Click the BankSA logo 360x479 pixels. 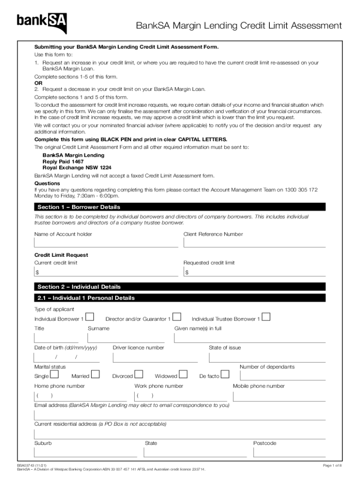(x=42, y=22)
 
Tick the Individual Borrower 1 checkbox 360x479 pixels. (x=91, y=317)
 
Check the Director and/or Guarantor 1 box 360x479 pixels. (x=177, y=317)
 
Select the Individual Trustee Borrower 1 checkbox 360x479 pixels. (x=266, y=317)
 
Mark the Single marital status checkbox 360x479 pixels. (x=54, y=374)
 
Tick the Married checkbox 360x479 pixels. (x=95, y=374)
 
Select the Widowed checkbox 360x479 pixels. (x=183, y=374)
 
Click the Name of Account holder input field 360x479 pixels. (x=106, y=242)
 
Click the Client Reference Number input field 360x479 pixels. (x=254, y=242)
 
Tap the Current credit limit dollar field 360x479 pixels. (x=106, y=272)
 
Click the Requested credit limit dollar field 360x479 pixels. (x=254, y=272)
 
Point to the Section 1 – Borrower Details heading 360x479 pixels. (x=79, y=207)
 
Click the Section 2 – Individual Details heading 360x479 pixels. (x=79, y=287)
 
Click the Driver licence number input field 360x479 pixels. (x=155, y=357)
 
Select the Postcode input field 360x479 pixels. (x=288, y=452)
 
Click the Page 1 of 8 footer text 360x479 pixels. (x=332, y=465)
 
